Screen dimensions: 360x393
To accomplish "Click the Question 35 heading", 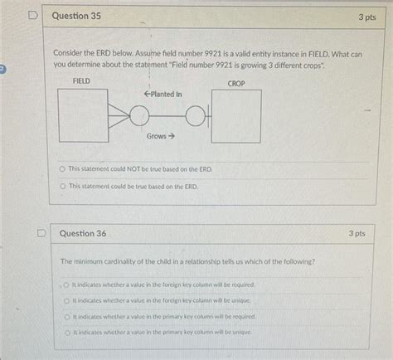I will coord(76,16).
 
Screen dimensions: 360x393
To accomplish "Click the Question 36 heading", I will coord(84,234).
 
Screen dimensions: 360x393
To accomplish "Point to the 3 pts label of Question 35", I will coord(367,17).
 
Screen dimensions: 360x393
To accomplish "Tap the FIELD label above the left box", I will coord(82,81).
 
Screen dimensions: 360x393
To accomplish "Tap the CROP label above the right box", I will coord(237,84).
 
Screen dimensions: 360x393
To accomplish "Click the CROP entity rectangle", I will coord(237,117).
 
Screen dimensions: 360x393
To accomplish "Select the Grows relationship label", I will coord(161,135).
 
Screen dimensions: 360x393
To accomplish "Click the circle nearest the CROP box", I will coord(196,116).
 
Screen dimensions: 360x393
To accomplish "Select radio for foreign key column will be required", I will coord(67,285).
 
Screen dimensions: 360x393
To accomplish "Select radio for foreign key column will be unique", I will coord(67,300).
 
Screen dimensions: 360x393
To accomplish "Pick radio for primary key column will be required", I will coord(67,316).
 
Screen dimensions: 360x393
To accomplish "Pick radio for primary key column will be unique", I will coord(67,332).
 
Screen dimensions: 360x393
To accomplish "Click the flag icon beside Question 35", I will coord(32,15).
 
